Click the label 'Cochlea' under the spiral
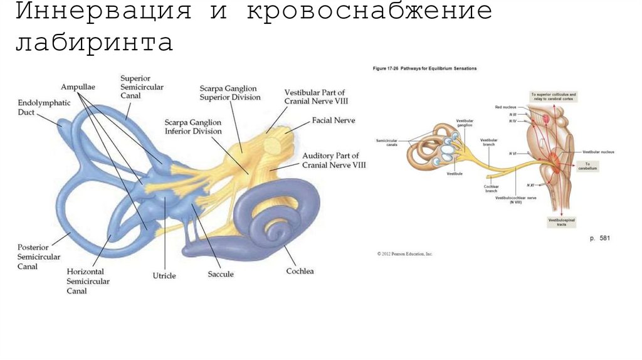click(300, 271)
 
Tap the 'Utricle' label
click(164, 275)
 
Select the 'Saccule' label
click(221, 274)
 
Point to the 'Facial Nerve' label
click(333, 120)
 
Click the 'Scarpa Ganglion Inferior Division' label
click(193, 127)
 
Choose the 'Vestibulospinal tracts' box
click(561, 221)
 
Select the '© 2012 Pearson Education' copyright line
click(405, 254)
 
